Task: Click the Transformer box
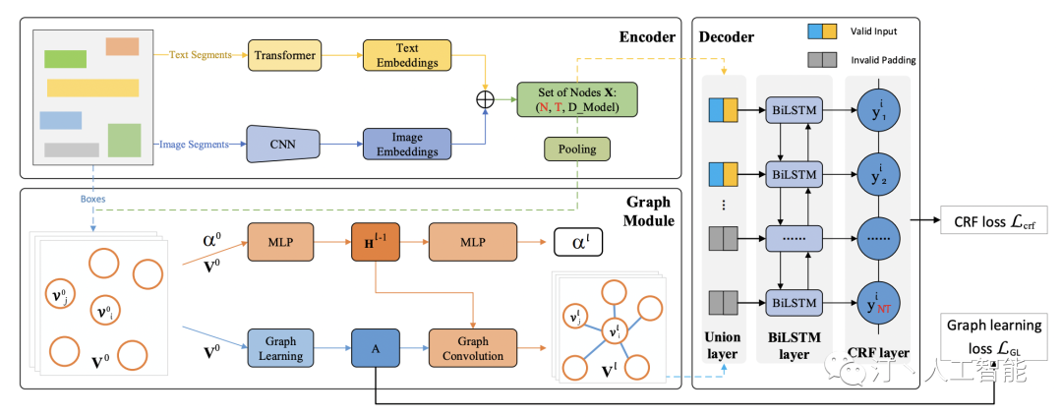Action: click(285, 55)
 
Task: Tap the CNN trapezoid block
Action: click(285, 145)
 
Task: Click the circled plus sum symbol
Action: click(484, 100)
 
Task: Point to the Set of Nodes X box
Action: click(577, 100)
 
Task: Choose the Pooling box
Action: click(577, 149)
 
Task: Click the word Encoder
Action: click(646, 37)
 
